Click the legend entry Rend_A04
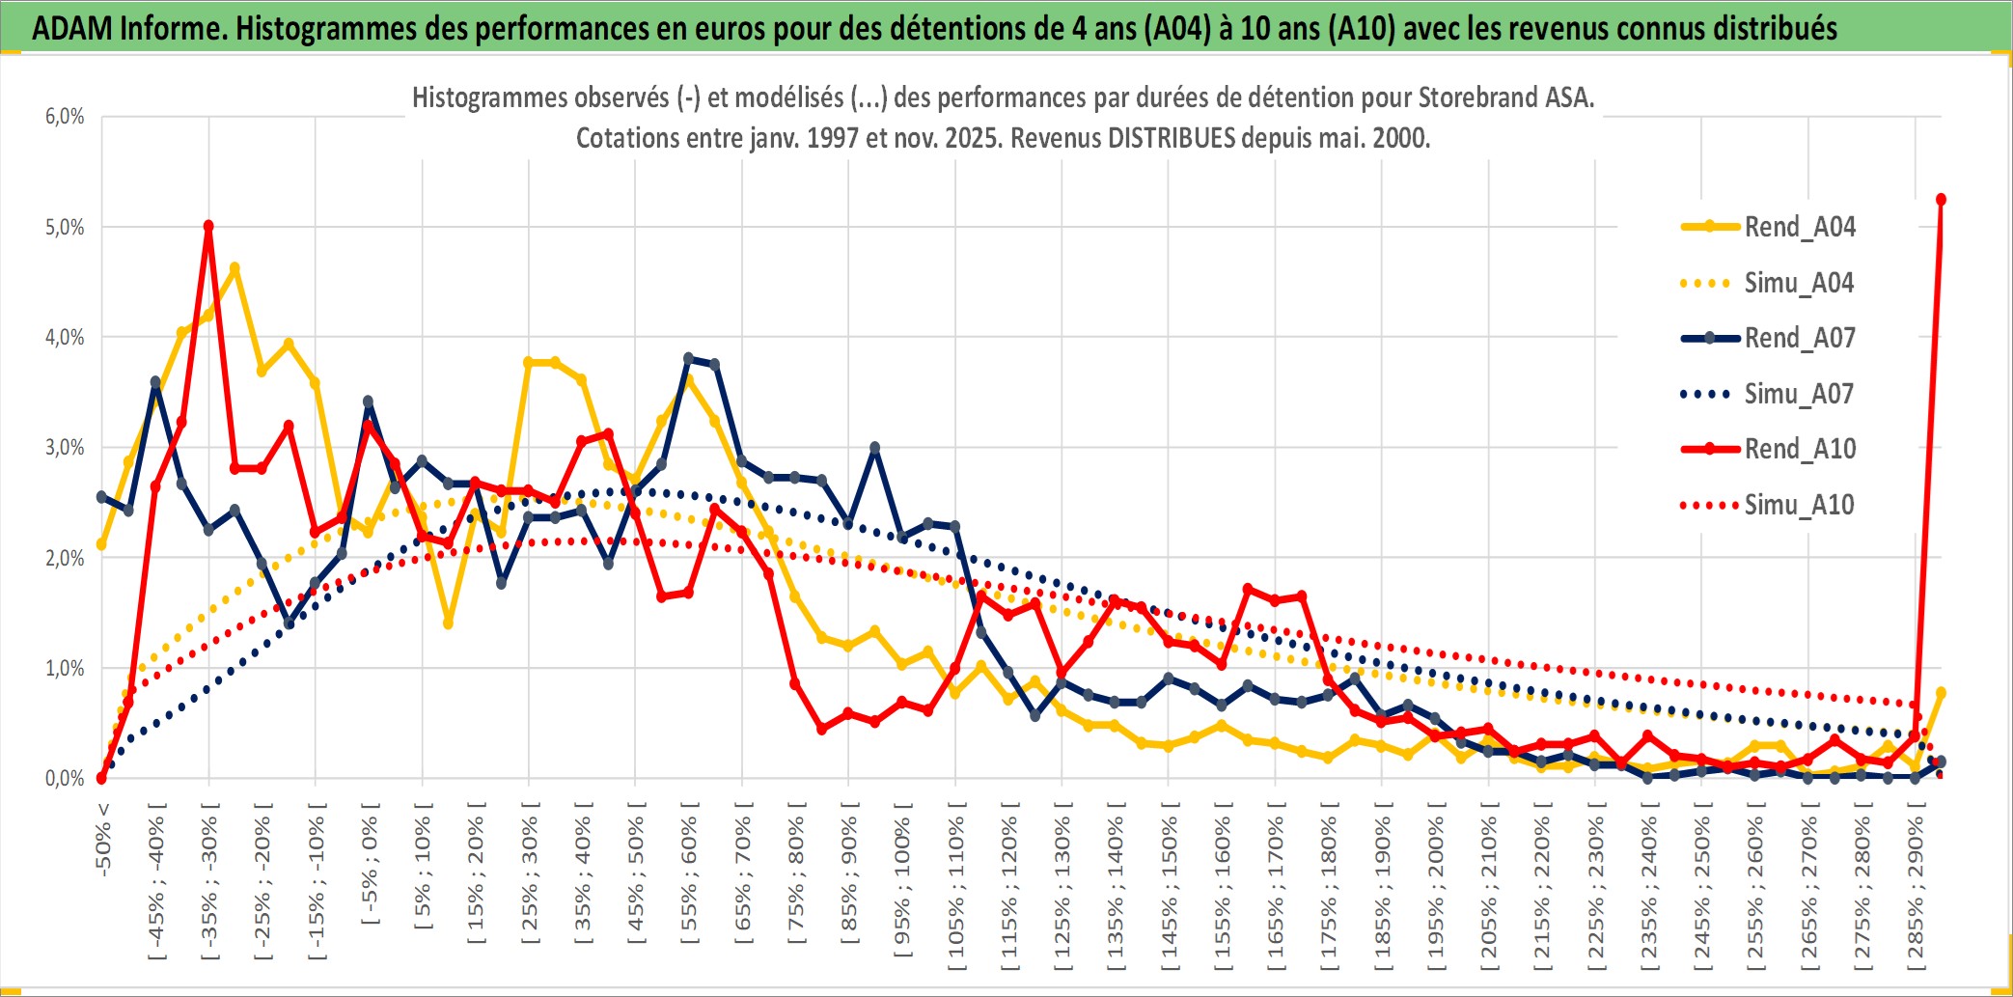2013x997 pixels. (x=1799, y=227)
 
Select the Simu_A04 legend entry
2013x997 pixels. (x=1799, y=283)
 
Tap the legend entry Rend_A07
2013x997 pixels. (x=1799, y=338)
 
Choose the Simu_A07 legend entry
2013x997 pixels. (x=1799, y=394)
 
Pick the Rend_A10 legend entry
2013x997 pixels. (x=1799, y=449)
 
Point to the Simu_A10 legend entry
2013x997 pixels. (x=1799, y=505)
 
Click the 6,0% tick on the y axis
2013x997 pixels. (x=65, y=117)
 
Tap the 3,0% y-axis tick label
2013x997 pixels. (x=65, y=448)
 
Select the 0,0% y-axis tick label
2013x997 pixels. (x=65, y=779)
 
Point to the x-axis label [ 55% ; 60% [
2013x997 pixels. (x=689, y=879)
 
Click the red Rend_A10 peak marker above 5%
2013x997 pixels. (x=208, y=226)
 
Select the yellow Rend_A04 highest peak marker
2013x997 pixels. (x=234, y=268)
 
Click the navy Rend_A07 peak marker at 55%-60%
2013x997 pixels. (x=688, y=358)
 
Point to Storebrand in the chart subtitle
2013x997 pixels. (x=1475, y=97)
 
